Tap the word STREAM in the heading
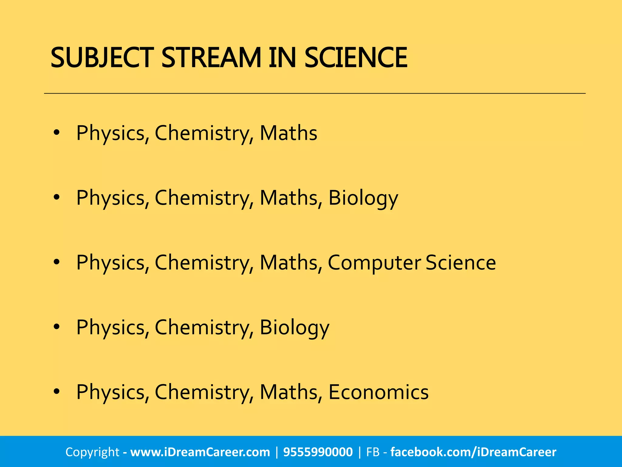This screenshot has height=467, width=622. pyautogui.click(x=211, y=58)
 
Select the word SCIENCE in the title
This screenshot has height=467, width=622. pyautogui.click(x=356, y=58)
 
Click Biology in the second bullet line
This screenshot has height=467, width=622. pyautogui.click(x=363, y=198)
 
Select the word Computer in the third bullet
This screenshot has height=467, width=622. pyautogui.click(x=374, y=263)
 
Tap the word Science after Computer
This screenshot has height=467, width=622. pyautogui.click(x=460, y=262)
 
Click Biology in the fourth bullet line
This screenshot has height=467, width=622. pyautogui.click(x=294, y=328)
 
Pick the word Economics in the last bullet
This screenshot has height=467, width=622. pyautogui.click(x=378, y=392)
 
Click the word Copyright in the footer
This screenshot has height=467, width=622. pyautogui.click(x=92, y=452)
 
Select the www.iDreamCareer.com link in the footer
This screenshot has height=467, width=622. pyautogui.click(x=200, y=452)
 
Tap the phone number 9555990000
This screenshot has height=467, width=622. pyautogui.click(x=318, y=452)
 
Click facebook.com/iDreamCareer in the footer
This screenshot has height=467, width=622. pyautogui.click(x=473, y=452)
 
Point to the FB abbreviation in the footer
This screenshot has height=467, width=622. pyautogui.click(x=373, y=452)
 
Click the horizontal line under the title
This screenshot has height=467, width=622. pyautogui.click(x=315, y=93)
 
